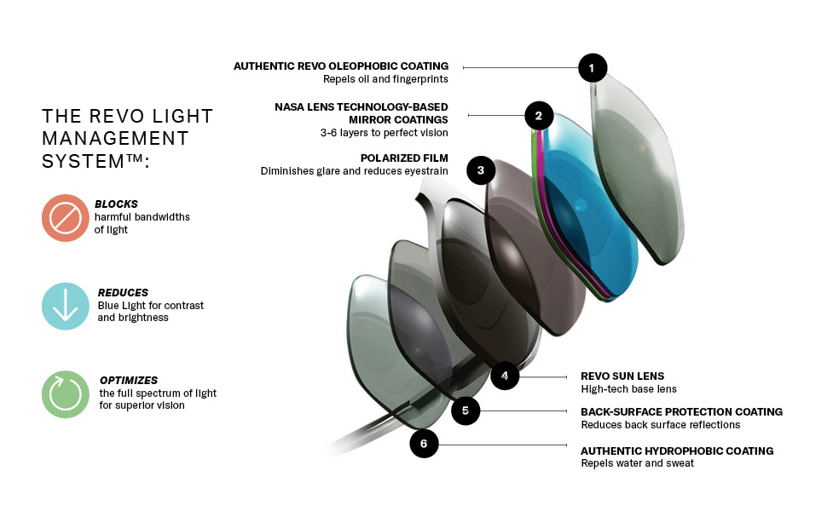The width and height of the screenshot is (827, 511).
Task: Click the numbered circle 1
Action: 592,67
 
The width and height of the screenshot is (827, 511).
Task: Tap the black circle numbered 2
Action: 538,116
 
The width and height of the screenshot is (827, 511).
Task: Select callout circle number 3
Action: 481,170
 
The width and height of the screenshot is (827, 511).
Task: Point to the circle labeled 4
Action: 505,375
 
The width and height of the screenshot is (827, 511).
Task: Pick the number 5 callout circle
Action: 465,411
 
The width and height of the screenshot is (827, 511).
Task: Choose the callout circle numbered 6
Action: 424,443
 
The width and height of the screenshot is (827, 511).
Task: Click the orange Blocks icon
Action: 66,218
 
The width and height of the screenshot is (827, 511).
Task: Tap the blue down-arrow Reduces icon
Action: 66,306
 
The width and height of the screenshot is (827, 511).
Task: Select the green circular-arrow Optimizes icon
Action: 66,393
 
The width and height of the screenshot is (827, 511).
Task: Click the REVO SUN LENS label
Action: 622,376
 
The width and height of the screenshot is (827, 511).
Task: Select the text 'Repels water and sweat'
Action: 637,463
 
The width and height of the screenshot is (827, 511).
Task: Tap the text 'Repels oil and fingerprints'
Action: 385,79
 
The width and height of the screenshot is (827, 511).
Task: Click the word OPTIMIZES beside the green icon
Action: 128,380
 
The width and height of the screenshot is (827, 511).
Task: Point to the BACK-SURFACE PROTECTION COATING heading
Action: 681,412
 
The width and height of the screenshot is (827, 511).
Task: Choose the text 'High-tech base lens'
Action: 628,389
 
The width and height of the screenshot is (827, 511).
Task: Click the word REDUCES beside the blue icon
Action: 123,292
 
